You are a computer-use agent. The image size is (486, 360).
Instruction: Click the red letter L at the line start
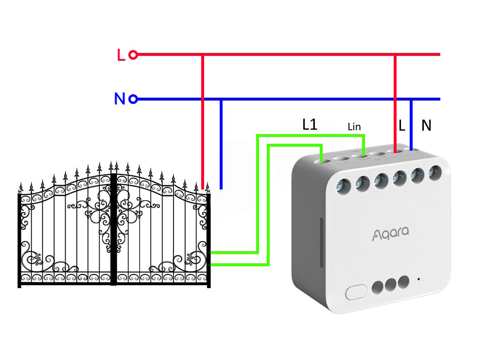[121, 55]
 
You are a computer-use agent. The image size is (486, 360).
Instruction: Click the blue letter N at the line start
[120, 99]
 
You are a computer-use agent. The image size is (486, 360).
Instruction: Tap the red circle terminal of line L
[133, 55]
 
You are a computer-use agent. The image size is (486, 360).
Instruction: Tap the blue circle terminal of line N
[133, 99]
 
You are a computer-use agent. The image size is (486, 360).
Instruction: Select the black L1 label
[310, 124]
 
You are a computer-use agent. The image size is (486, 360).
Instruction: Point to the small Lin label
[354, 127]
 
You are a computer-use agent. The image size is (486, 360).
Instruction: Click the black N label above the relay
[426, 125]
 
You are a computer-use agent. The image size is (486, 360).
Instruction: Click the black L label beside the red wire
[402, 125]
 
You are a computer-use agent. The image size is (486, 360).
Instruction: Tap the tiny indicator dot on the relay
[418, 279]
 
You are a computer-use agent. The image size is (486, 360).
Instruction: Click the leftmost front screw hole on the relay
[344, 187]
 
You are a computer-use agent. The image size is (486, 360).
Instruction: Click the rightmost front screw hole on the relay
[435, 173]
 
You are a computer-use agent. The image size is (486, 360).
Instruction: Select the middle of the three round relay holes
[391, 285]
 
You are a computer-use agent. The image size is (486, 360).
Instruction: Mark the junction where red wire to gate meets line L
[203, 54]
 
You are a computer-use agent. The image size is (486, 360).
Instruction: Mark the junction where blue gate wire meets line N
[221, 99]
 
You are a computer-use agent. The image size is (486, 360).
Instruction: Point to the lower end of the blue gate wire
[221, 189]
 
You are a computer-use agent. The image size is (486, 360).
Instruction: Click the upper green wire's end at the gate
[212, 253]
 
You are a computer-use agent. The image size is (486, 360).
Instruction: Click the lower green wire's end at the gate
[212, 265]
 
